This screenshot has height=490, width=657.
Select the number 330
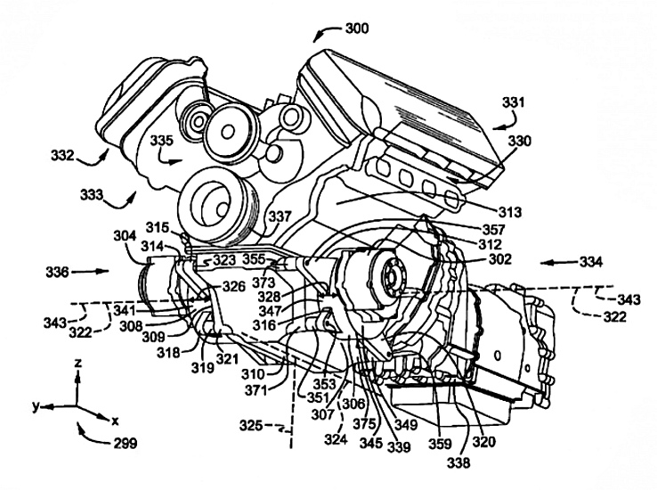pos(520,142)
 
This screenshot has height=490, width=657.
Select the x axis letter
pos(116,421)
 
